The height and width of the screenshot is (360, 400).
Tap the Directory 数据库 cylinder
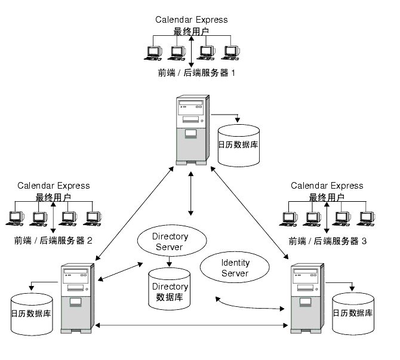pos(170,289)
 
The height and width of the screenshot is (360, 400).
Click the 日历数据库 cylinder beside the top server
pos(239,146)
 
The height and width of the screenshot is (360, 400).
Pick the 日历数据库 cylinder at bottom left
pos(32,315)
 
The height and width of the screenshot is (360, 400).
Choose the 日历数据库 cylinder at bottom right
pos(353,314)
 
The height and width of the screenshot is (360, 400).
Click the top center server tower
pos(193,130)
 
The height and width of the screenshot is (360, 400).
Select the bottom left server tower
pos(77,299)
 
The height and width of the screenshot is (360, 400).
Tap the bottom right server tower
pos(307,299)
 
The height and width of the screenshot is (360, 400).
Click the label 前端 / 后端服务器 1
pos(196,73)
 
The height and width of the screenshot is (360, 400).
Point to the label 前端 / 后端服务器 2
pos(53,241)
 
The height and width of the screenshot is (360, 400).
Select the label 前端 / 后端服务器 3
pos(328,241)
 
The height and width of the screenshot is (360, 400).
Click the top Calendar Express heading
pos(191,20)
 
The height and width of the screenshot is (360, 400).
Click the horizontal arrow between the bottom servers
pos(192,325)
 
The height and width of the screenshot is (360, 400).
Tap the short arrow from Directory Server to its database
pos(169,261)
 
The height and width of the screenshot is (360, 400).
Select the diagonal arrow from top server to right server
pos(249,213)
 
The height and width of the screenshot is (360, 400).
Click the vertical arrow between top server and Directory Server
pos(191,193)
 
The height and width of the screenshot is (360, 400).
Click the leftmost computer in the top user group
pos(153,53)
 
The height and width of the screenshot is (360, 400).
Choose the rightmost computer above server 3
pos(366,219)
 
